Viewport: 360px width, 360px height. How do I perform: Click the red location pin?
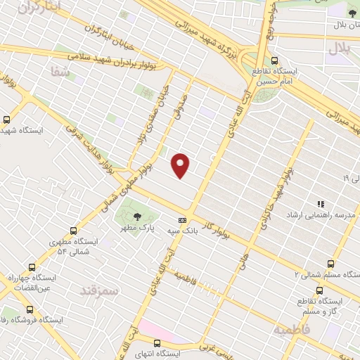pos(181,165)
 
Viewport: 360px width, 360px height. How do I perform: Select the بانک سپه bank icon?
pos(182,219)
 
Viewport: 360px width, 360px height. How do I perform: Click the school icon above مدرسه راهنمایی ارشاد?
pos(321,203)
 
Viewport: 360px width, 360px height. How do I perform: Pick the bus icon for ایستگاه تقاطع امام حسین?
pos(274,60)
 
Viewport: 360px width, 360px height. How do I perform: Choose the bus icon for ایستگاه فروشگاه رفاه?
pos(29,309)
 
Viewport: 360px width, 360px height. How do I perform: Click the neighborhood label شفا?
pos(56,70)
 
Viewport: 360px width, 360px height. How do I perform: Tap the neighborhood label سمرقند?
pos(97,290)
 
